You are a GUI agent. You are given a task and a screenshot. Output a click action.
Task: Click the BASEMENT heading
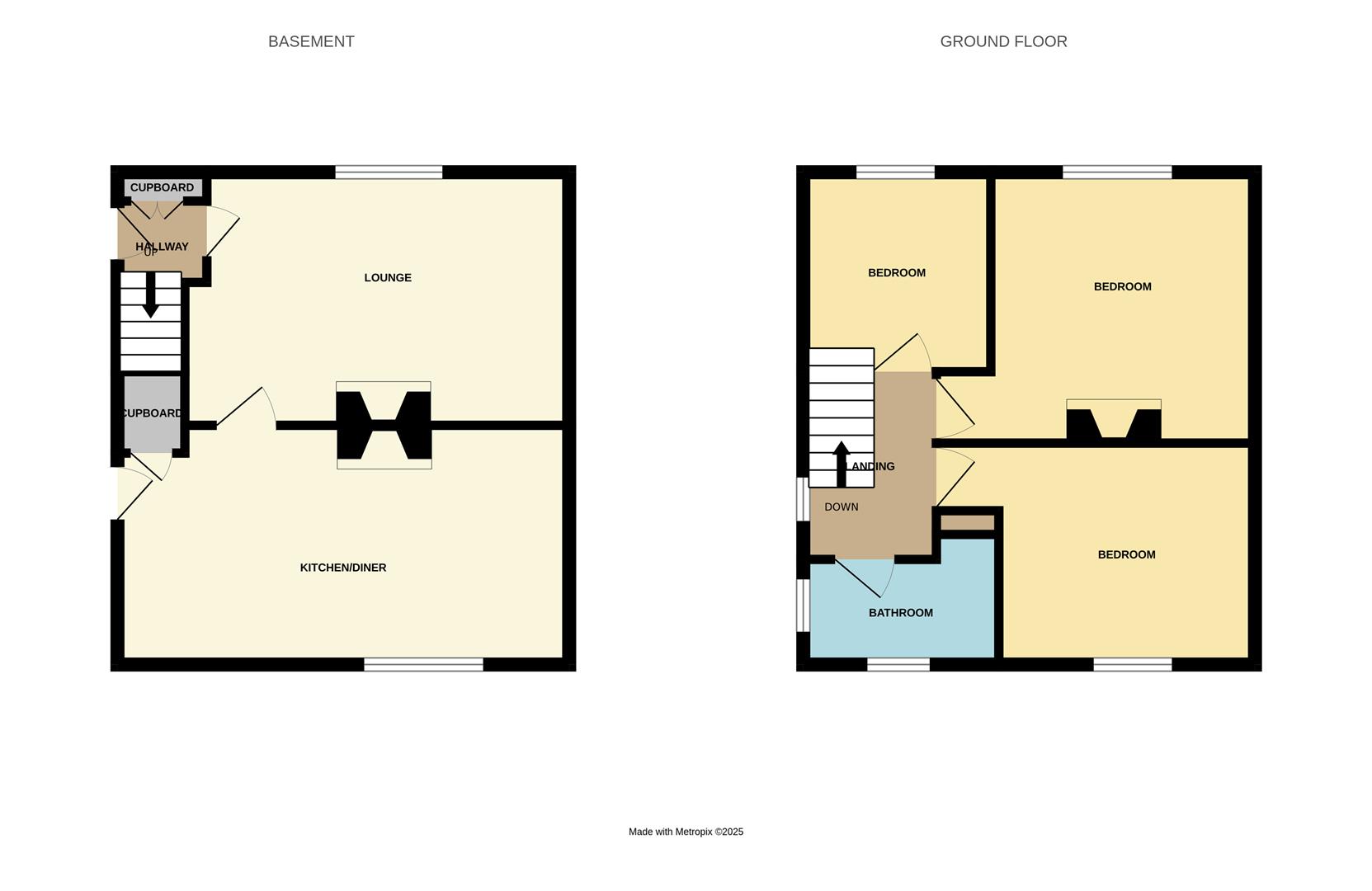(311, 41)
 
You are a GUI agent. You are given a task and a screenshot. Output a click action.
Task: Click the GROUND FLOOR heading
(1003, 41)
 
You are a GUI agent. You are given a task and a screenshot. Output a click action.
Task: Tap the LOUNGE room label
(388, 277)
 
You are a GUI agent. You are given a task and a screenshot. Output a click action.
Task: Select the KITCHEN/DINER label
(342, 568)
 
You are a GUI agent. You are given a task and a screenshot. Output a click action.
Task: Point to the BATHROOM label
(900, 612)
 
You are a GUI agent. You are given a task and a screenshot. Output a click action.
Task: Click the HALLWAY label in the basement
(162, 246)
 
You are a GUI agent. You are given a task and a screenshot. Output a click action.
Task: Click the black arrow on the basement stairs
(150, 295)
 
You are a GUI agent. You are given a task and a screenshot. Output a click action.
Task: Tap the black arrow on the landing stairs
(841, 464)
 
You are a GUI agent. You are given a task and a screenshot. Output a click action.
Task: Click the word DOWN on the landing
(841, 507)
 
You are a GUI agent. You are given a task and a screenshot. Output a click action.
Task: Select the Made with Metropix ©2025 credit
(686, 832)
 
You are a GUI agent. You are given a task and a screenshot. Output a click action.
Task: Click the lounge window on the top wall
(389, 172)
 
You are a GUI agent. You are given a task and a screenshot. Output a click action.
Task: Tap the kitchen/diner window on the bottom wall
(423, 664)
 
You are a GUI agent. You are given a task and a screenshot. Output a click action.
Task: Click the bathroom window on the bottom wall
(898, 664)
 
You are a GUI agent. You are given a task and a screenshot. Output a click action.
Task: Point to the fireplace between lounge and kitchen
(384, 425)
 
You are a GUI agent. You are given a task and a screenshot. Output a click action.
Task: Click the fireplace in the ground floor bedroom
(1113, 423)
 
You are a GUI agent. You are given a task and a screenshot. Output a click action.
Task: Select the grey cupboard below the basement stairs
(152, 413)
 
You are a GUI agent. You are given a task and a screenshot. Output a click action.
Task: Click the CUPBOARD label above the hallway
(162, 187)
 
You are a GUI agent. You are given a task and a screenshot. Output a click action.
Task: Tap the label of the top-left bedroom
(896, 272)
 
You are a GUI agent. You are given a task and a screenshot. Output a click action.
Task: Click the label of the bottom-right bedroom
(1126, 554)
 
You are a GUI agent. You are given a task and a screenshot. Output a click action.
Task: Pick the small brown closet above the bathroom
(967, 522)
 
